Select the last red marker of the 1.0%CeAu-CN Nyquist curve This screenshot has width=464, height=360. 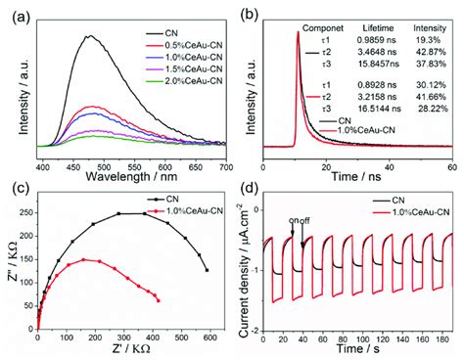[159, 300]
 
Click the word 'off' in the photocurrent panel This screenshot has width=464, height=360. [316, 221]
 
